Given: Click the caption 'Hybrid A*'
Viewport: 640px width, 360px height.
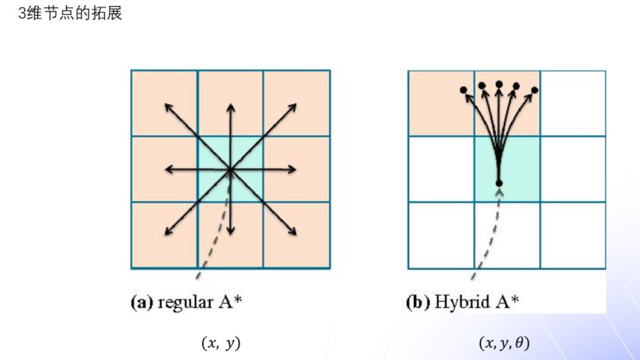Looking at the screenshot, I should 477,302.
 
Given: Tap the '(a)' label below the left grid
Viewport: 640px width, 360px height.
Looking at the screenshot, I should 142,303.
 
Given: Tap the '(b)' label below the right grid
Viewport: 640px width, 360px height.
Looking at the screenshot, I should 418,303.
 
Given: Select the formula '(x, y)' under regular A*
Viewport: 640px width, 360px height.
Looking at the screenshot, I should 221,344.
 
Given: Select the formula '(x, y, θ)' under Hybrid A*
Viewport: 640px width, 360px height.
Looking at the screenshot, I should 504,344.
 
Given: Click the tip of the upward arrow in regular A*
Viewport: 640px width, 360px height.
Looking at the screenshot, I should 230,105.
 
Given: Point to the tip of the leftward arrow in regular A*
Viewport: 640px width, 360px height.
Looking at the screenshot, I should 166,170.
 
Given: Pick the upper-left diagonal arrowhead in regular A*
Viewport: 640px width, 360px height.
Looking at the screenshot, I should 166,105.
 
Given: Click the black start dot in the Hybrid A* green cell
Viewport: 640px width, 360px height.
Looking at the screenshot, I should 499,182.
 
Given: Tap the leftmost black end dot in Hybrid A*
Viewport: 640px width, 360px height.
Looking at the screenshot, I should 464,90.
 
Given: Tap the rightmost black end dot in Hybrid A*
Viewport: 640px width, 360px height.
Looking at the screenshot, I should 535,90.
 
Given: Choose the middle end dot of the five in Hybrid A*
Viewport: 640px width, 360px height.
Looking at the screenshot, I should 499,84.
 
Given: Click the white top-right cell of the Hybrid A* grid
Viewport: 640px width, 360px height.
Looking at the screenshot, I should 572,103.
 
